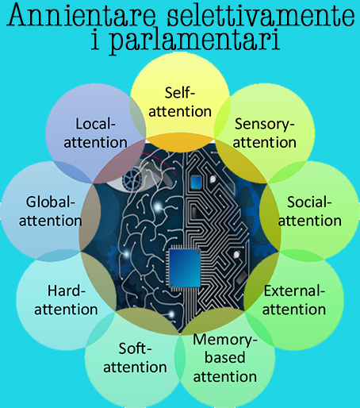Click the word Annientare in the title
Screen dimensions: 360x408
[82, 15]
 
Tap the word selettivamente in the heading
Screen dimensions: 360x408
[261, 15]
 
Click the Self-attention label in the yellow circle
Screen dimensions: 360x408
[180, 102]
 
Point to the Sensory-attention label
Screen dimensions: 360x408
[264, 133]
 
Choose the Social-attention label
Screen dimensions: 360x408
[309, 211]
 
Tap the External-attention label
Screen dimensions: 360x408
[294, 300]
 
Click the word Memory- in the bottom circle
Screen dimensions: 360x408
[225, 341]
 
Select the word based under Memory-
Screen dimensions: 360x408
[225, 357]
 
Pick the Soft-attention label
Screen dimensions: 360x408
[135, 358]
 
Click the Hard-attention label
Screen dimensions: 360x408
[66, 300]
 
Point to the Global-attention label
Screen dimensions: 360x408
[50, 211]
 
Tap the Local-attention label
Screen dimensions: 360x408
[95, 133]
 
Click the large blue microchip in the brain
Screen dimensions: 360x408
[184, 268]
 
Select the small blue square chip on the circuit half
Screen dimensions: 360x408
[196, 182]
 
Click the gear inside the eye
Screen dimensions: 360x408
[132, 178]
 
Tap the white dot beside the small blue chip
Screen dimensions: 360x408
[213, 179]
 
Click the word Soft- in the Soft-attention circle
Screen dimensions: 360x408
[135, 348]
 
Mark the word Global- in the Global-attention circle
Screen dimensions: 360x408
[51, 202]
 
